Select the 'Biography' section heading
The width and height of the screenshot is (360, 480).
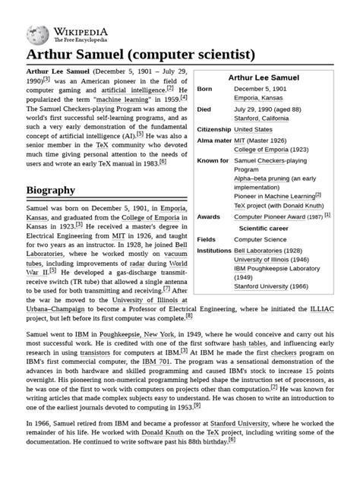point(50,190)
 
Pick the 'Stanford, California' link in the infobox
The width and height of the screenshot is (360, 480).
point(261,118)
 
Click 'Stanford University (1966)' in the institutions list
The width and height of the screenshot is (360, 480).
point(272,288)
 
